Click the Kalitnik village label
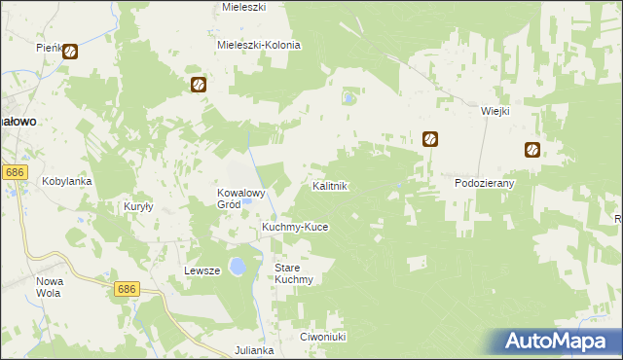329,185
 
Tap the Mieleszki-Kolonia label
259,45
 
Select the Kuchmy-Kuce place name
295,227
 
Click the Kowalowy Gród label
241,198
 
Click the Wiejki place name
495,111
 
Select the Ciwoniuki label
324,337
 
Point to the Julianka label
256,348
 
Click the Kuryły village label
140,206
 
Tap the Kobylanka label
66,181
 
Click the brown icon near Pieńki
70,52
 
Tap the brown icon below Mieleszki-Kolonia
199,85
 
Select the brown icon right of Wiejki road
532,150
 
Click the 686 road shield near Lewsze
127,290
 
